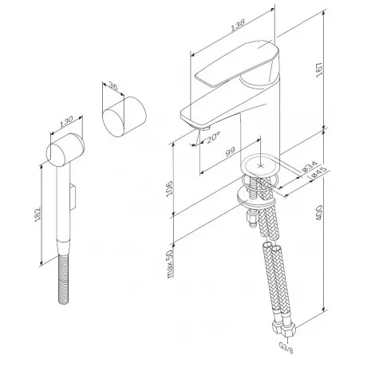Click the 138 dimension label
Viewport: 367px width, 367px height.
click(237, 25)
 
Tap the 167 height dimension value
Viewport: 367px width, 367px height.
click(319, 69)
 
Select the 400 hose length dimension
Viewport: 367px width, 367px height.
click(318, 212)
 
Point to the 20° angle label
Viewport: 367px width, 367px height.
click(213, 137)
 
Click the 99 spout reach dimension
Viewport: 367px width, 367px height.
click(231, 152)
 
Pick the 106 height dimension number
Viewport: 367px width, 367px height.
click(169, 188)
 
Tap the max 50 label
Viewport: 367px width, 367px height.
click(170, 264)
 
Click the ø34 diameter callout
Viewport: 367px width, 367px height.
click(310, 166)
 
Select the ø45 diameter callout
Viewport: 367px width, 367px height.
click(318, 172)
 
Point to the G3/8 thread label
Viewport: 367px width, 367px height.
click(286, 347)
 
